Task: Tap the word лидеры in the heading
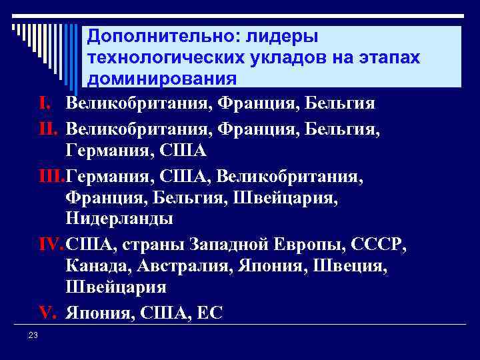[283, 35]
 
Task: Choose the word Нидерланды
[119, 219]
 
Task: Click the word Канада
[100, 267]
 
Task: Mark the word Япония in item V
[98, 313]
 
